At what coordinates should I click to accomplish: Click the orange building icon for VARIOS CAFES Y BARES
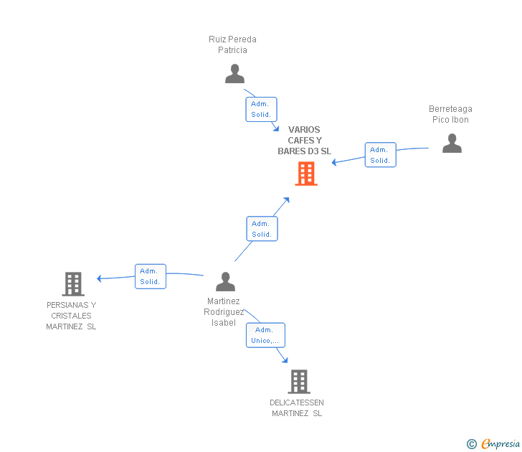[x=306, y=174]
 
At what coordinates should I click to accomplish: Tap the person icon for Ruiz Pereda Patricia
[x=234, y=74]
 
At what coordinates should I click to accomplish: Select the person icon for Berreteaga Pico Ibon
[x=452, y=143]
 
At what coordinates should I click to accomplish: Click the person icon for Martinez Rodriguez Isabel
[x=225, y=282]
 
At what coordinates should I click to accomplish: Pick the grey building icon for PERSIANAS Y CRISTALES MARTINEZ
[x=72, y=284]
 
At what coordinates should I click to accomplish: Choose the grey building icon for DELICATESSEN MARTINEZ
[x=298, y=382]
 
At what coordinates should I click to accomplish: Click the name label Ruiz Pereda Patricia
[x=232, y=44]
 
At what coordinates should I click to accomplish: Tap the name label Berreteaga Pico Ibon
[x=450, y=114]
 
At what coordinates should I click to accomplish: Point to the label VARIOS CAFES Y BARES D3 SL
[x=305, y=141]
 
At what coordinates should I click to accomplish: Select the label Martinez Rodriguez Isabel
[x=224, y=312]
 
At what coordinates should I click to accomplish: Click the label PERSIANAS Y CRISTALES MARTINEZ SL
[x=71, y=316]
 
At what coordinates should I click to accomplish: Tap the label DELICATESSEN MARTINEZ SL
[x=297, y=408]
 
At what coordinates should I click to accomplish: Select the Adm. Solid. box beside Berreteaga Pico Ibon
[x=380, y=155]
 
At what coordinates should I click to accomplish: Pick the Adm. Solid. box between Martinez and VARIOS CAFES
[x=262, y=229]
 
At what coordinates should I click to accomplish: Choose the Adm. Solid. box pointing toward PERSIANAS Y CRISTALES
[x=151, y=276]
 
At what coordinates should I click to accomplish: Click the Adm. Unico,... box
[x=266, y=335]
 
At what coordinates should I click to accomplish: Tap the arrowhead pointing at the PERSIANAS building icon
[x=100, y=278]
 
